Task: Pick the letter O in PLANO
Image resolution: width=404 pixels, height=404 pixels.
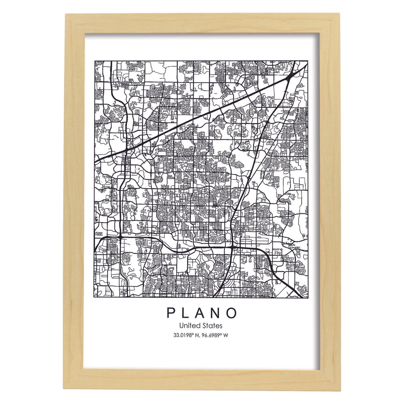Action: [x=233, y=313]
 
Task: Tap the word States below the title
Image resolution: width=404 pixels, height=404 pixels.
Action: [x=213, y=326]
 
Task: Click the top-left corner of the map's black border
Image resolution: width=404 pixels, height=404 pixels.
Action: [x=95, y=61]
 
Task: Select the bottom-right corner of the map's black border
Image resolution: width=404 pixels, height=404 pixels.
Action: [x=308, y=298]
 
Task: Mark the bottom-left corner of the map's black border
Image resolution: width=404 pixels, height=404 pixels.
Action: [x=95, y=298]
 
